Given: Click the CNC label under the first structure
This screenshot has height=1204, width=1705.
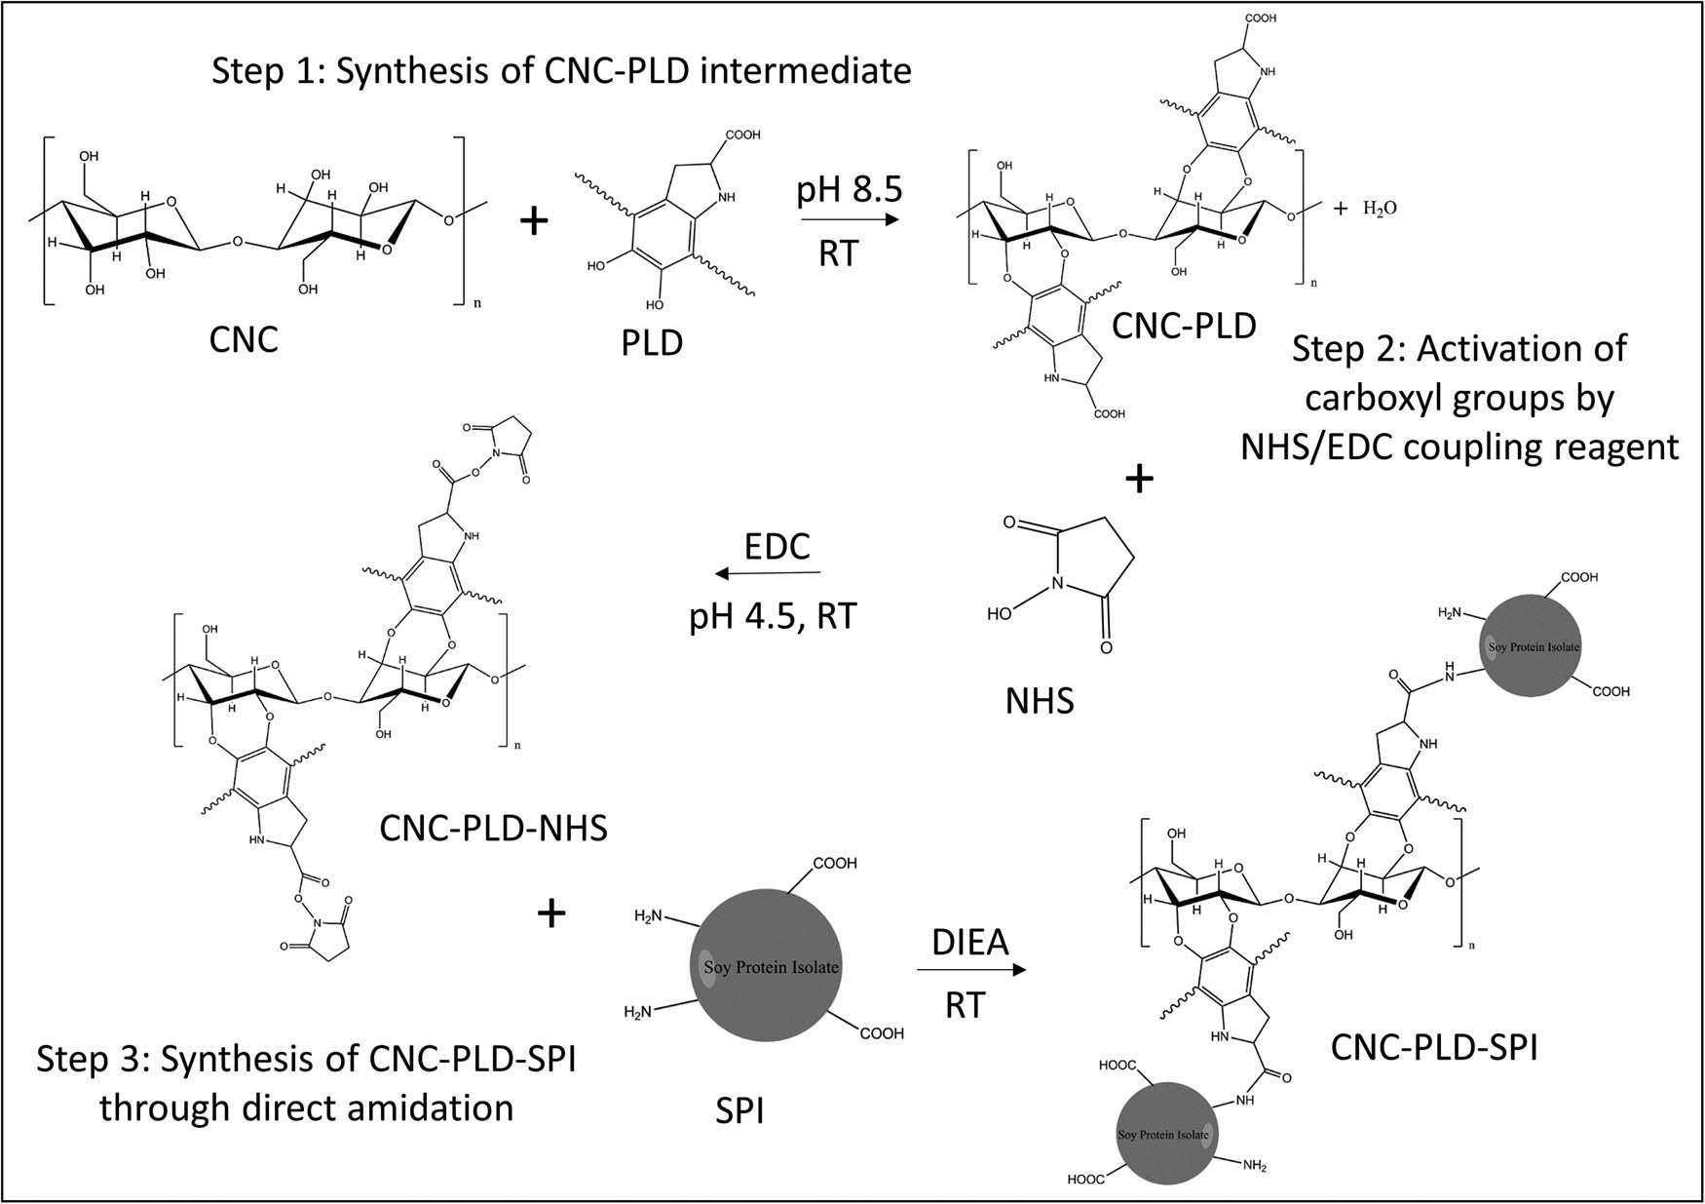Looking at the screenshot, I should (244, 339).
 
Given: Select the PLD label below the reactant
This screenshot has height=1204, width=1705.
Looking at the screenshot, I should (652, 343).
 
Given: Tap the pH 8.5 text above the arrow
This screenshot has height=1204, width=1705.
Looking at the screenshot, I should (850, 189).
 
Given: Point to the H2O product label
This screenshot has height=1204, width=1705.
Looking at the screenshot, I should (1379, 208).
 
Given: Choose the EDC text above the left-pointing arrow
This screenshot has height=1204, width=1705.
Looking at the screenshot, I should (777, 546).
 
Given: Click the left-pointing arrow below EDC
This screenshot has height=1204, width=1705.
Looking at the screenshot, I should (767, 574).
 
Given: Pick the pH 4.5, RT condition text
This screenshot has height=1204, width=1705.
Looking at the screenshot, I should (773, 617).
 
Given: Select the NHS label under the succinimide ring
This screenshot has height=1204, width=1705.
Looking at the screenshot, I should (1040, 700).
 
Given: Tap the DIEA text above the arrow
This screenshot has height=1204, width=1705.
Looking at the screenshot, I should (970, 943).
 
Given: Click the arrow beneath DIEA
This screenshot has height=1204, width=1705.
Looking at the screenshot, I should (971, 970).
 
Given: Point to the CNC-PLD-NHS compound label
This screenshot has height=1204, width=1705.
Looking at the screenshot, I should (493, 829).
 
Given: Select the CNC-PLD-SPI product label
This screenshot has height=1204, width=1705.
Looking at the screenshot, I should (1434, 1048).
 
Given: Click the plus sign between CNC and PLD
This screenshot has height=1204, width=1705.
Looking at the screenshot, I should (534, 221).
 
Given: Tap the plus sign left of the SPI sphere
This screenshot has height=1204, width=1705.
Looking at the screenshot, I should (551, 913).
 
